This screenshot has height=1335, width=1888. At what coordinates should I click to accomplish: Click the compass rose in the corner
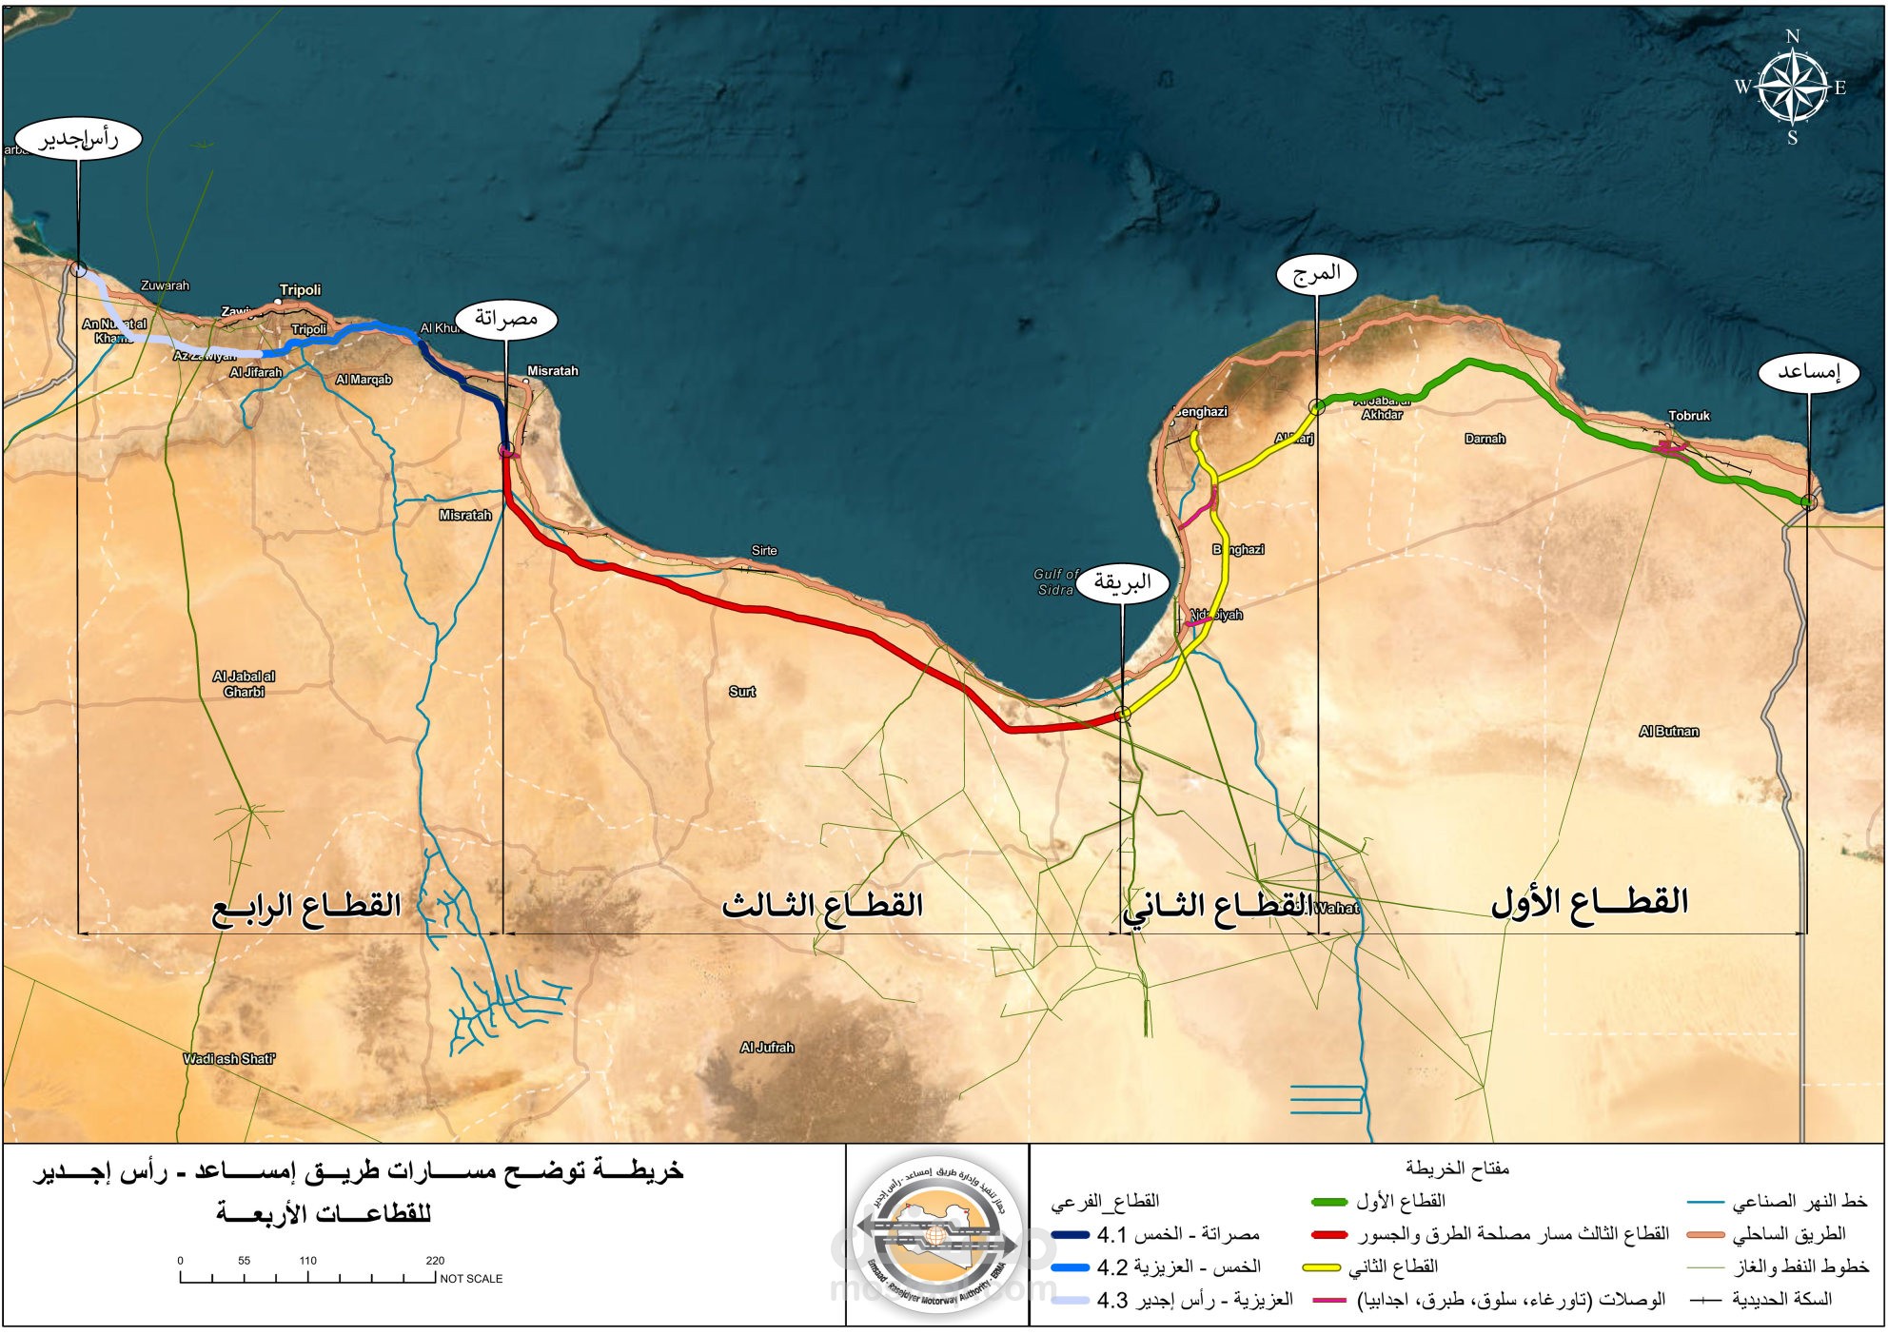point(1792,87)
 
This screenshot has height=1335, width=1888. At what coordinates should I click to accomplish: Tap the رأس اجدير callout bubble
point(79,139)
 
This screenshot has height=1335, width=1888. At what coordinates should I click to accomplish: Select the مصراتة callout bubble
point(505,319)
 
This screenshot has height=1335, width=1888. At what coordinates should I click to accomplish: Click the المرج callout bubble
point(1316,274)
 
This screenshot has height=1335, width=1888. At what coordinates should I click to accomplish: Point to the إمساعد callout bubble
point(1808,372)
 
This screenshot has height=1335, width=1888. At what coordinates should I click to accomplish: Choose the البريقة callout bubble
point(1122,582)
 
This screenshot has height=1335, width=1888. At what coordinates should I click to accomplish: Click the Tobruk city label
point(1688,416)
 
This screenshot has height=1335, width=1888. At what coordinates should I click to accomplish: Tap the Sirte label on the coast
point(763,551)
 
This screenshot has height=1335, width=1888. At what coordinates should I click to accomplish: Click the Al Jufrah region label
point(766,1048)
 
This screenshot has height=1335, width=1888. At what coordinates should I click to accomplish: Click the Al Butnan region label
point(1668,732)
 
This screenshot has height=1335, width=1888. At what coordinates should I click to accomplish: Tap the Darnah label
point(1485,439)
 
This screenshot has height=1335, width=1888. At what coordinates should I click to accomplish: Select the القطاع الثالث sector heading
point(822,904)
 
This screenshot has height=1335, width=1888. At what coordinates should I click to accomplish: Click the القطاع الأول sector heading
point(1588,901)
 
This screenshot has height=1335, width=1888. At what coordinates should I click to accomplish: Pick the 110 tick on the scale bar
point(307,1262)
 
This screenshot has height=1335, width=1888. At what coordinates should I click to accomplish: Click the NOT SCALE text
point(471,1279)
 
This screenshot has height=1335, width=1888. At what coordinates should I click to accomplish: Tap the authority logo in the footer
point(936,1235)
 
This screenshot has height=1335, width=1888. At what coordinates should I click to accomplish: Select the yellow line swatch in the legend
point(1321,1267)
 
